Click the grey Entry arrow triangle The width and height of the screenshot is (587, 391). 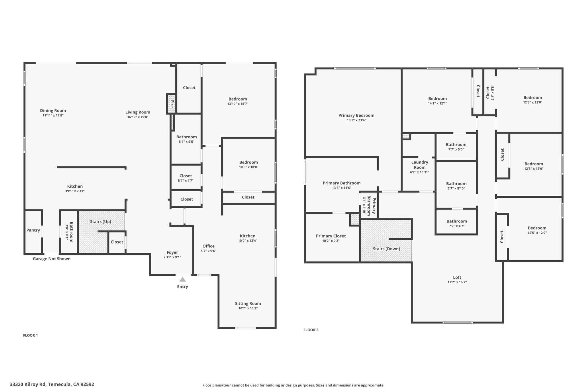click(183, 279)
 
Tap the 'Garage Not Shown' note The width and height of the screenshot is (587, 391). click(52, 259)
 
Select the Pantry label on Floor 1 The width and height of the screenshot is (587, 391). click(33, 230)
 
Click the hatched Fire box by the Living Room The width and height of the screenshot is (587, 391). click(171, 103)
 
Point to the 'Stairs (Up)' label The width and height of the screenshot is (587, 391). click(101, 222)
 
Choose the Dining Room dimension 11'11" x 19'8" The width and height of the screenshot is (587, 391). click(53, 115)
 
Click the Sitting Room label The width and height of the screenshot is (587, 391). click(248, 304)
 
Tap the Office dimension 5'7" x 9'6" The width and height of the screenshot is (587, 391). click(209, 251)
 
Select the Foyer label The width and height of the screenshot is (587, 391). click(172, 252)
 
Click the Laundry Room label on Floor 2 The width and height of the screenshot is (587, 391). click(420, 165)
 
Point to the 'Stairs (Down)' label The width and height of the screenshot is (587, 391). click(386, 249)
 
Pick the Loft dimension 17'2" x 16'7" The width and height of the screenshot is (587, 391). click(457, 282)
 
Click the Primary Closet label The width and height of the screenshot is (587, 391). click(331, 236)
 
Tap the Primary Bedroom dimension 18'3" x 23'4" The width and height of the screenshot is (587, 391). click(356, 120)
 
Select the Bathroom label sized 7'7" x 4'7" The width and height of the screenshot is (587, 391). click(457, 221)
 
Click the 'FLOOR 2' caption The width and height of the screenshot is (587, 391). click(311, 330)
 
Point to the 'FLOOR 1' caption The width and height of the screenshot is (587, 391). click(30, 335)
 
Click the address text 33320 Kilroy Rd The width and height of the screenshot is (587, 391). click(28, 384)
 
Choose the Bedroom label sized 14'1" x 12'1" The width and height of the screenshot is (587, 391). click(437, 99)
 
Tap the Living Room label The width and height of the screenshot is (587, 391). click(138, 112)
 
